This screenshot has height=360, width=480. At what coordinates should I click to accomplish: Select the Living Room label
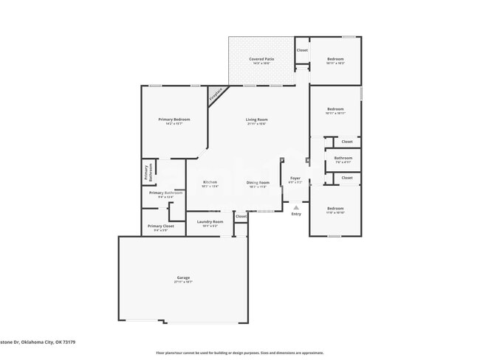pos(257,120)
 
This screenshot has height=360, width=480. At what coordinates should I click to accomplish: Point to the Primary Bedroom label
pos(174,120)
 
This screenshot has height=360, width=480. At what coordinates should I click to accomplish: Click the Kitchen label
pos(210,181)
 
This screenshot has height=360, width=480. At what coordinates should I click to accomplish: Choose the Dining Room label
pos(258,181)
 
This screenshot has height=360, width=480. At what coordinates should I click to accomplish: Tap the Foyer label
pos(295,178)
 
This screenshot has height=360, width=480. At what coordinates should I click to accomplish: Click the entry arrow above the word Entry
pos(296,207)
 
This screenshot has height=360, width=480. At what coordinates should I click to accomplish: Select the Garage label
pos(182,277)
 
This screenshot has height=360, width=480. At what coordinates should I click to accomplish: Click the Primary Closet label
pos(160,226)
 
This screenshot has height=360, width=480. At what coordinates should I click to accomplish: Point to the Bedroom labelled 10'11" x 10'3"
pos(335,59)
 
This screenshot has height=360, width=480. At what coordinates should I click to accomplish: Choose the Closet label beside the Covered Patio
pos(302,50)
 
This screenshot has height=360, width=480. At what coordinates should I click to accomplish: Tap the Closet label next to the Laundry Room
pos(241,216)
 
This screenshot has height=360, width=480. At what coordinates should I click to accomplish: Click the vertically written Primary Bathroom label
pos(147,173)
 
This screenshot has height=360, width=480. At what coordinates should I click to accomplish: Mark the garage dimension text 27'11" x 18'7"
pos(182,283)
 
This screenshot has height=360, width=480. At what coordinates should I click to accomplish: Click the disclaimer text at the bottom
pos(239,353)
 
